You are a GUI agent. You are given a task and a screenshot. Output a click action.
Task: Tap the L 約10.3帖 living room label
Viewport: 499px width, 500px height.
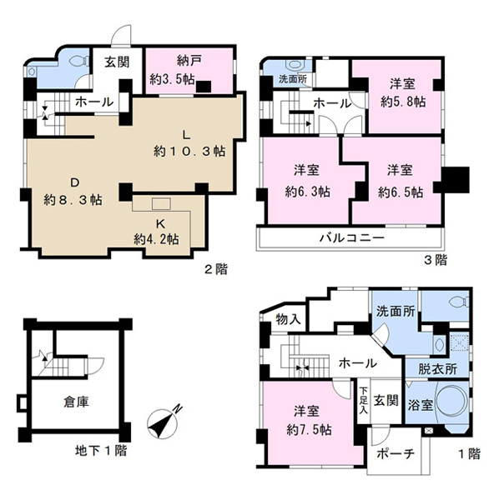[189, 142]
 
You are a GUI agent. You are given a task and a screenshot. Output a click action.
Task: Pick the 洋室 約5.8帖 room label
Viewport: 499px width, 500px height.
[403, 92]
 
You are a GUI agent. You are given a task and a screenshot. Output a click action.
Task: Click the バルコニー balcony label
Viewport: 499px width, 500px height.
[351, 237]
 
